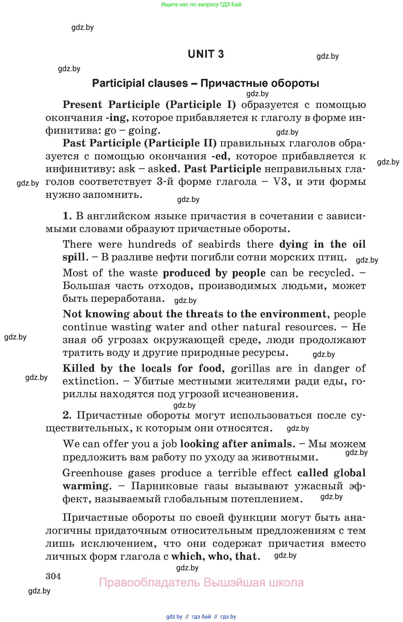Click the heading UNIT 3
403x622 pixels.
(x=206, y=54)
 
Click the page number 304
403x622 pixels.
(x=53, y=576)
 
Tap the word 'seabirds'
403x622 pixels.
(x=219, y=244)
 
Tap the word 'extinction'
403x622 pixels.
(x=88, y=381)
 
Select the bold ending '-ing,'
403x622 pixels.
(x=117, y=118)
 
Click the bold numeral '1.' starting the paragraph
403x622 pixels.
(x=67, y=216)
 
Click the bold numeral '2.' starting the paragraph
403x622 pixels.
(x=67, y=415)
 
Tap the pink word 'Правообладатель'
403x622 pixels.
(x=149, y=583)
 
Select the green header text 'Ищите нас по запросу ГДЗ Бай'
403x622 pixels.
(x=201, y=4)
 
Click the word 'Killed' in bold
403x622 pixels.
(x=79, y=368)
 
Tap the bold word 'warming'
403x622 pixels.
(x=85, y=486)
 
